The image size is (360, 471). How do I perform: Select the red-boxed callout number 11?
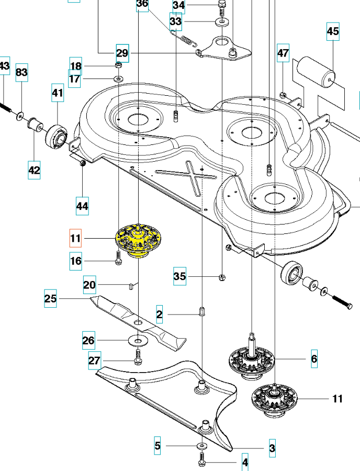pyautogui.click(x=76, y=239)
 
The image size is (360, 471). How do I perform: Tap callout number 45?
pyautogui.click(x=333, y=31)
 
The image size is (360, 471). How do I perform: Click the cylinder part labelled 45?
pyautogui.click(x=316, y=73)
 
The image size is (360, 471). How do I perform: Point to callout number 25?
pyautogui.click(x=50, y=299)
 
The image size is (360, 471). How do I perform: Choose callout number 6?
pyautogui.click(x=314, y=358)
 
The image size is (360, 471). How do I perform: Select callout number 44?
pyautogui.click(x=82, y=206)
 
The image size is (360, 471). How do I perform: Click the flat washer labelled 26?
pyautogui.click(x=138, y=341)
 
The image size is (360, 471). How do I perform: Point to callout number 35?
pyautogui.click(x=180, y=276)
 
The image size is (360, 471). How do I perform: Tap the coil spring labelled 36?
pyautogui.click(x=186, y=40)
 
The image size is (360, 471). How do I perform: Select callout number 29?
pyautogui.click(x=122, y=53)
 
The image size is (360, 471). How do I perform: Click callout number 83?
pyautogui.click(x=21, y=72)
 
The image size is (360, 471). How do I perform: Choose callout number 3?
pyautogui.click(x=272, y=448)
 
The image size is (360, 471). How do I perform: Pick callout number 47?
pyautogui.click(x=283, y=53)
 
